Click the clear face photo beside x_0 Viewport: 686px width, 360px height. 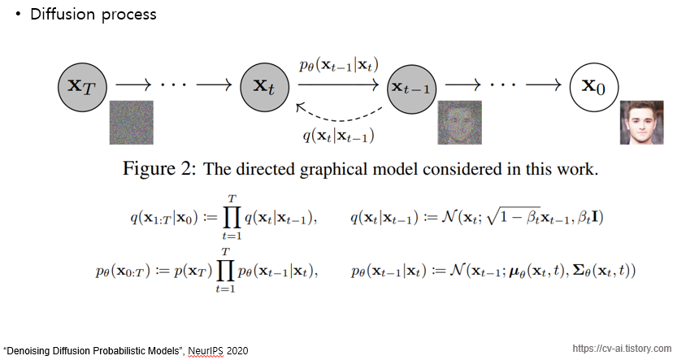[x=641, y=122]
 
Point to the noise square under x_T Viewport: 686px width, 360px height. [x=131, y=122]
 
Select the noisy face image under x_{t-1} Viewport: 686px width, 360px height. [x=460, y=122]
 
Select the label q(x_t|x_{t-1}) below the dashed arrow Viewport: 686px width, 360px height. [x=338, y=136]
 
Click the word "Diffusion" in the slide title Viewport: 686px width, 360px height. [x=62, y=15]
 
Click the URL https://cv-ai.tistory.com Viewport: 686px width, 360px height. [x=622, y=349]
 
